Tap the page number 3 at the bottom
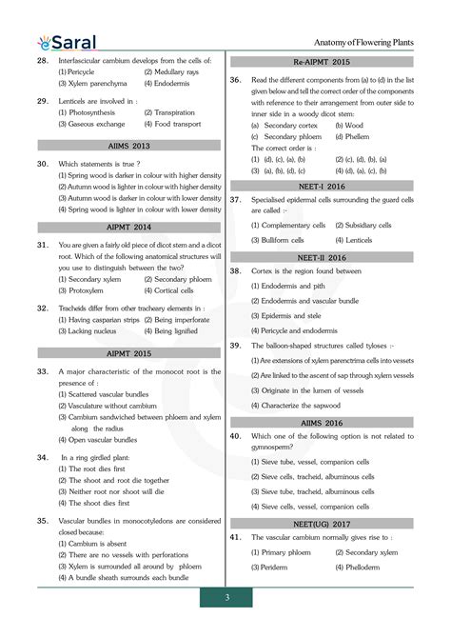click(226, 597)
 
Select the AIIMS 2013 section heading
click(128, 147)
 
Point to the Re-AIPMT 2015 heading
click(322, 61)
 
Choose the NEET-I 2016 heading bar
click(322, 186)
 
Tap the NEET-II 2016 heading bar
click(322, 256)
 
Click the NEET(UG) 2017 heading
click(322, 524)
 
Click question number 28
click(42, 60)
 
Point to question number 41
click(235, 538)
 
